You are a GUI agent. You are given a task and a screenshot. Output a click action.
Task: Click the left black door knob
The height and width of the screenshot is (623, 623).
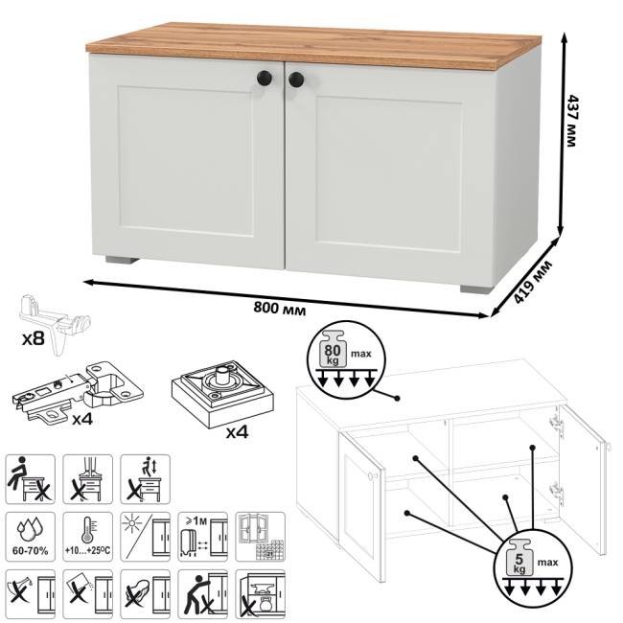click(265, 78)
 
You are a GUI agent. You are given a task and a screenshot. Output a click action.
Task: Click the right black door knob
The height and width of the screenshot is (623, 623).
click(296, 80)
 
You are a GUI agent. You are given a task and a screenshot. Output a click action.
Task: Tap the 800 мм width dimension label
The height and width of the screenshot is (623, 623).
click(280, 308)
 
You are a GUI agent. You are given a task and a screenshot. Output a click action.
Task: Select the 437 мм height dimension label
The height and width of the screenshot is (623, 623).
click(571, 121)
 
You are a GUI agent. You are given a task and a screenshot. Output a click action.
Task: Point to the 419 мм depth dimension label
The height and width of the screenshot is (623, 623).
click(532, 281)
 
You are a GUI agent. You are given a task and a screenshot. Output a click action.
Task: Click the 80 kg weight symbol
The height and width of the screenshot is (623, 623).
click(333, 349)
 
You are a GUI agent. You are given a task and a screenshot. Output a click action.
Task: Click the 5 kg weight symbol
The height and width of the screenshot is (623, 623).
click(519, 558)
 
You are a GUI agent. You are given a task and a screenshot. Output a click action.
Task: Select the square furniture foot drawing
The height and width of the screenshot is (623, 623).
click(223, 393)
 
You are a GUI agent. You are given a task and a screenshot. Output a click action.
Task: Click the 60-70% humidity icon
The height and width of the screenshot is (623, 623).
click(31, 537)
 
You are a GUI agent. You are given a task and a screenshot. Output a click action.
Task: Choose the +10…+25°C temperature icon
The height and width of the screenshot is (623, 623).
click(87, 537)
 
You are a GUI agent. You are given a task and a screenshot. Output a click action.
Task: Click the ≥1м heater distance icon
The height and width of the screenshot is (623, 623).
click(202, 537)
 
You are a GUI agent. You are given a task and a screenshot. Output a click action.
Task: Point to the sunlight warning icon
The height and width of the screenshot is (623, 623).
click(145, 537)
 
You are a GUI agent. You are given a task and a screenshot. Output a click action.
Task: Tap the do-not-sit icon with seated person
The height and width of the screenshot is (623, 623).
click(31, 479)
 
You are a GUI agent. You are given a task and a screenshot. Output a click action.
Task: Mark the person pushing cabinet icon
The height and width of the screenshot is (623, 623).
click(202, 594)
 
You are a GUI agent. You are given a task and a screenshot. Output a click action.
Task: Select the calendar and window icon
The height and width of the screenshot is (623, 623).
click(261, 537)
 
